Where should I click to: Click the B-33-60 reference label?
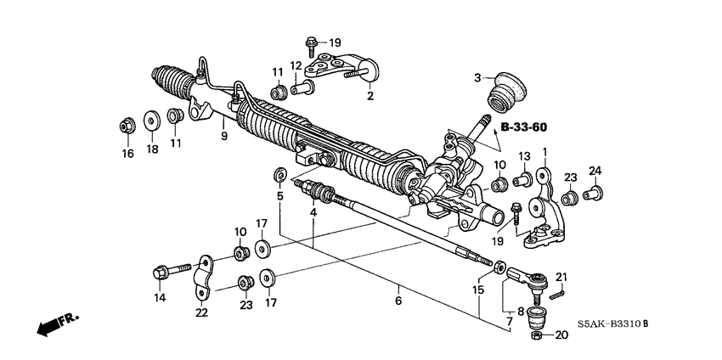(523, 127)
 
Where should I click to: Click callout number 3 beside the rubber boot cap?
(478, 77)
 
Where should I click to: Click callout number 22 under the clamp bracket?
(200, 313)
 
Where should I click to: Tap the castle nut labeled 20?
(538, 336)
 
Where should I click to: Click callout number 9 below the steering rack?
(223, 136)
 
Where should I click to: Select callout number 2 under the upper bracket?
(370, 97)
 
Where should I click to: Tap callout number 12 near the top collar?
(296, 67)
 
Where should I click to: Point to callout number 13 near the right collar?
(524, 157)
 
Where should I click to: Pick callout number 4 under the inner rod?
(313, 211)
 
